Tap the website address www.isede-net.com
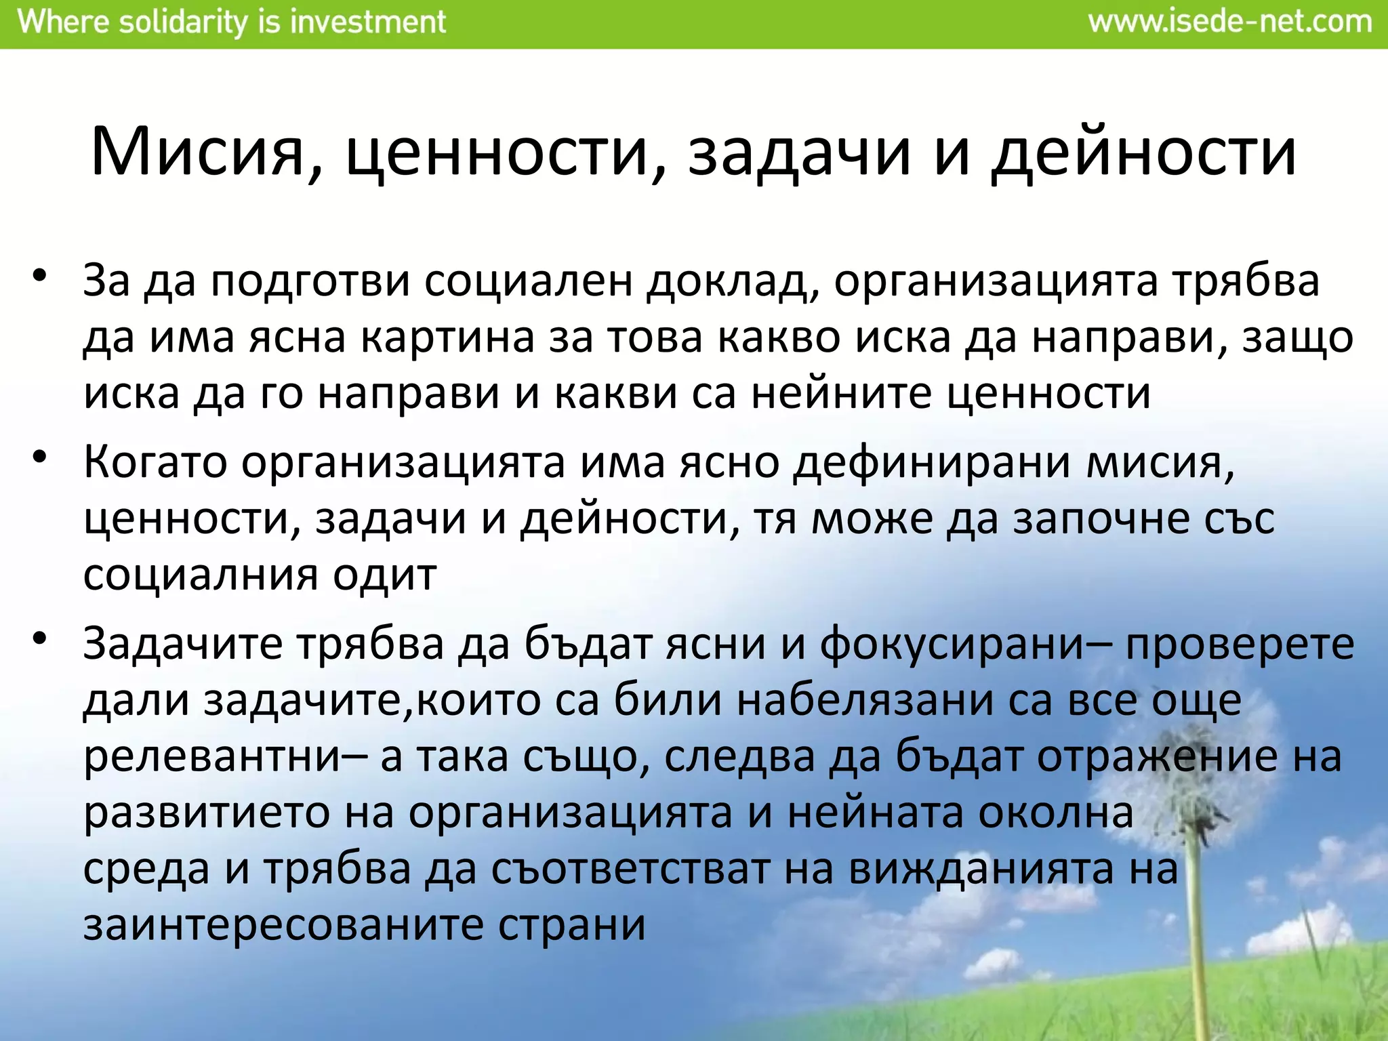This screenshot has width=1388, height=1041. [x=1229, y=22]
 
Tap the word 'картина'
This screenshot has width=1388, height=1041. [x=447, y=338]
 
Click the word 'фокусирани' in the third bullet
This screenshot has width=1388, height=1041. [x=952, y=644]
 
